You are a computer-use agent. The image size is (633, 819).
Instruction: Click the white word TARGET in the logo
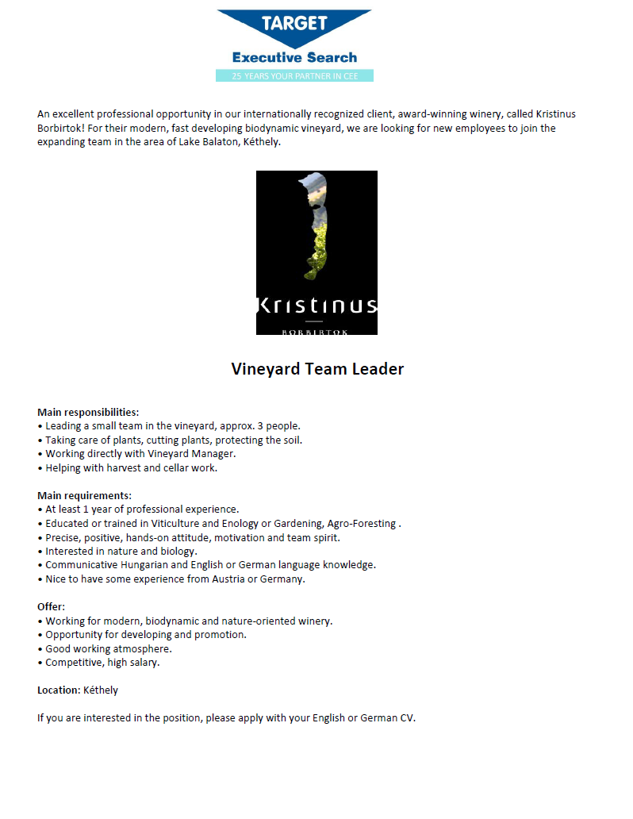pos(294,23)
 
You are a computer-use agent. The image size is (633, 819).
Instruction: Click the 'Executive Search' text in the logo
pos(294,57)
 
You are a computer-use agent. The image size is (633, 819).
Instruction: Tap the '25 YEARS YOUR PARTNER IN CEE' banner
pos(294,76)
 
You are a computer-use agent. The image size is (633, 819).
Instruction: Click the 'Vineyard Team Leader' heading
pos(317,369)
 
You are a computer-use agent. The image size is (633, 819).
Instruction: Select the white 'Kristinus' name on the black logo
pos(316,306)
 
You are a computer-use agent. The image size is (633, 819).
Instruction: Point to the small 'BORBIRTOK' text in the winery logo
pos(315,331)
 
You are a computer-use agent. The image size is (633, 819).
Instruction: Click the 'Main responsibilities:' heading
pos(88,412)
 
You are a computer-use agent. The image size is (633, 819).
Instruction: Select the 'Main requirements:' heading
pos(84,495)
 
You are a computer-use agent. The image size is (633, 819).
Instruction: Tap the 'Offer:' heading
pos(51,606)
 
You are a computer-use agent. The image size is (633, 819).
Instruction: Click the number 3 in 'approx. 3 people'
pos(259,425)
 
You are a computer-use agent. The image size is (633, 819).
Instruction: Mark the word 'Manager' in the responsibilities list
pos(214,453)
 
